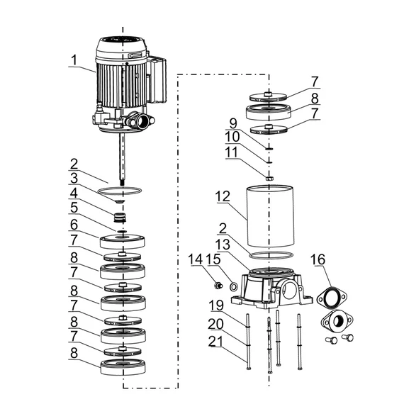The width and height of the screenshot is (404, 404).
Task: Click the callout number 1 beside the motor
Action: [74, 60]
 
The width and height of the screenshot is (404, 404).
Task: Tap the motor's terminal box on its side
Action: [157, 79]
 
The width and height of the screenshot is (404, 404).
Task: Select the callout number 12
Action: [223, 196]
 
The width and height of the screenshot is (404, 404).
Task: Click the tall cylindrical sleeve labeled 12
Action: [270, 215]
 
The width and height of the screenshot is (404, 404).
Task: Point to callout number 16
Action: [318, 259]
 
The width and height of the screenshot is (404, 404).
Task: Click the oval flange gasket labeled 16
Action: [332, 298]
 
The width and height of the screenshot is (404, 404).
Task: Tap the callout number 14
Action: [196, 259]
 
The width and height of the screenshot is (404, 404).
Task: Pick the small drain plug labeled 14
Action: [218, 286]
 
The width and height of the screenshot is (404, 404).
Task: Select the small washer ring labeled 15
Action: [233, 286]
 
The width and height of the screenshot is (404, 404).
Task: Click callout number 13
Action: [223, 245]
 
